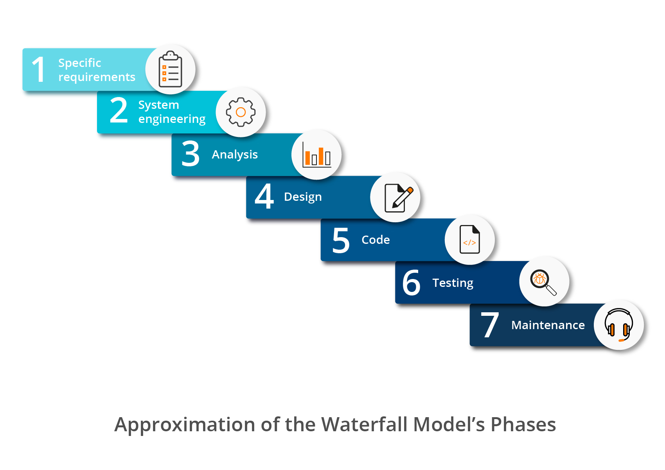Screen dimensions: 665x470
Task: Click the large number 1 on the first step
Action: pyautogui.click(x=39, y=70)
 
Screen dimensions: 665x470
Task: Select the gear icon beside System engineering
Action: pyautogui.click(x=241, y=112)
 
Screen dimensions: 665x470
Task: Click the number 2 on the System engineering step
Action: pyautogui.click(x=119, y=110)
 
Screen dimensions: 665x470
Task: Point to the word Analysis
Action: pyautogui.click(x=235, y=155)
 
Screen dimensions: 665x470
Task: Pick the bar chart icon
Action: pyautogui.click(x=317, y=155)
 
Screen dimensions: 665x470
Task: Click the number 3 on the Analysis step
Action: pyautogui.click(x=190, y=153)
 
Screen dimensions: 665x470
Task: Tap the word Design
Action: pyautogui.click(x=303, y=197)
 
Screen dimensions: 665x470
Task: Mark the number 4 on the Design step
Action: pyautogui.click(x=264, y=196)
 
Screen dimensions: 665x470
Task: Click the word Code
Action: pyautogui.click(x=376, y=240)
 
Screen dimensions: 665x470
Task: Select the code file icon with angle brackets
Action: pyautogui.click(x=470, y=240)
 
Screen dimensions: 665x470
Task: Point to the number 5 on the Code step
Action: pyautogui.click(x=341, y=240)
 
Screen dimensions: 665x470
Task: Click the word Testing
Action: pyautogui.click(x=453, y=283)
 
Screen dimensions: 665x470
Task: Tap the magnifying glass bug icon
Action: pyautogui.click(x=543, y=282)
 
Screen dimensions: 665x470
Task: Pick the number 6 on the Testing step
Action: pyautogui.click(x=411, y=283)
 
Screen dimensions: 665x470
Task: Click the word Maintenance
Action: pyautogui.click(x=548, y=325)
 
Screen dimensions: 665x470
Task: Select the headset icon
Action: pyautogui.click(x=619, y=325)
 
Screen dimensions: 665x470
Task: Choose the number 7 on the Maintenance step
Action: pyautogui.click(x=490, y=325)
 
